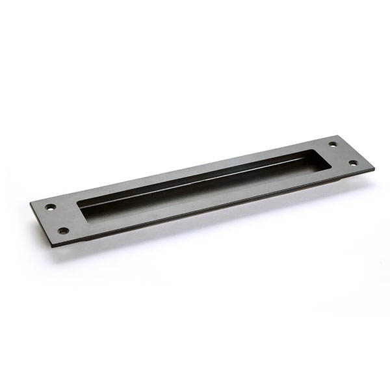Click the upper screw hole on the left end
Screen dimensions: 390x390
coord(51,207)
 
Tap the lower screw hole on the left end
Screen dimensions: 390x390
coord(63,230)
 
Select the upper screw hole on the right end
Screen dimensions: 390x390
coord(333,144)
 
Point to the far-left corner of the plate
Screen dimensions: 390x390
coord(31,204)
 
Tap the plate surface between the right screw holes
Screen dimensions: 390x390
coord(343,153)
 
